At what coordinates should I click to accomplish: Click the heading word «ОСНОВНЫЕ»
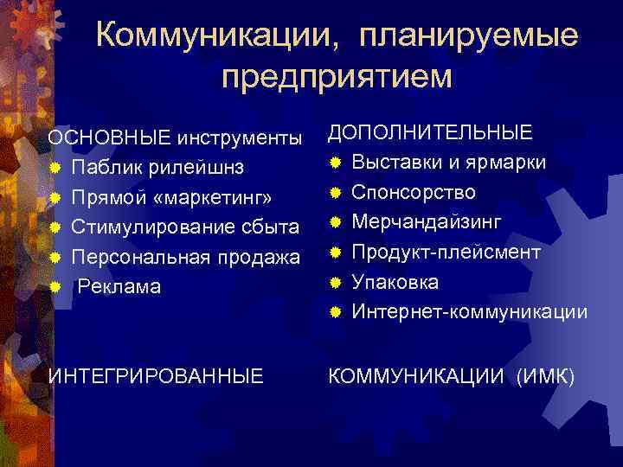(x=110, y=138)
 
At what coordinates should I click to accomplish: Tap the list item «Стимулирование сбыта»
(x=185, y=227)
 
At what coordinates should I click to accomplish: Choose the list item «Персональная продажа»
(x=186, y=257)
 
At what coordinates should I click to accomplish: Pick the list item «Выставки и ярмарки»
(x=448, y=162)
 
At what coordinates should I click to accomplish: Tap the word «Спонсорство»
(x=413, y=192)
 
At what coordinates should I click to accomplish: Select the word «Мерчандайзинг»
(x=427, y=221)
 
